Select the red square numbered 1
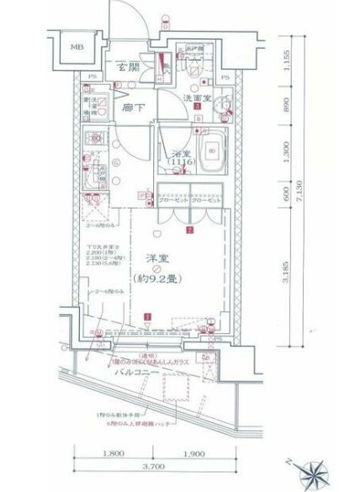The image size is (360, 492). pyautogui.click(x=149, y=317)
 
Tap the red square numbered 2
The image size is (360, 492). pyautogui.click(x=191, y=229)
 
